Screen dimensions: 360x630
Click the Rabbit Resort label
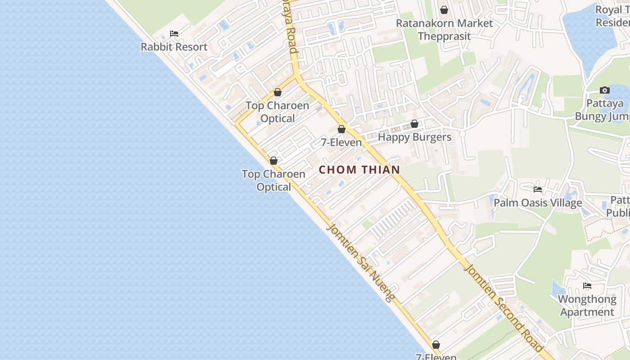click(x=174, y=47)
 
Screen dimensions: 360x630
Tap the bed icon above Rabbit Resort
click(x=174, y=34)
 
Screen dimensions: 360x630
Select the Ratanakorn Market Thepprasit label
click(x=444, y=30)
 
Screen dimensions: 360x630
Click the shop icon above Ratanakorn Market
click(x=444, y=10)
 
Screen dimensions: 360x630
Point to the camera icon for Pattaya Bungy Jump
click(x=605, y=90)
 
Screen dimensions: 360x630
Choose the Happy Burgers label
click(x=414, y=137)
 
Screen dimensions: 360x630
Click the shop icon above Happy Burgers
click(x=414, y=124)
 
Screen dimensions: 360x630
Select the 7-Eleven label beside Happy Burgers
click(x=341, y=142)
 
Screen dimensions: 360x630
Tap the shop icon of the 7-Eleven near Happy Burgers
click(x=342, y=130)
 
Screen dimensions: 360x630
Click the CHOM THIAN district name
click(x=360, y=170)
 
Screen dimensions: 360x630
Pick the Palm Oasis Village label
click(x=538, y=202)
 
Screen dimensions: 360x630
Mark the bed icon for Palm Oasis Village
click(x=538, y=189)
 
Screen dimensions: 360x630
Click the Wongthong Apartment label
click(x=587, y=306)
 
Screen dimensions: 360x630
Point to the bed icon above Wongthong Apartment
click(x=587, y=286)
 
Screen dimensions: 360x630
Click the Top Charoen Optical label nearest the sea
click(x=274, y=180)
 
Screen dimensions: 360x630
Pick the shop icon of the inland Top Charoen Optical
click(x=278, y=93)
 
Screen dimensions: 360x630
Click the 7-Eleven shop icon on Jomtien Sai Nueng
click(x=436, y=345)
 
